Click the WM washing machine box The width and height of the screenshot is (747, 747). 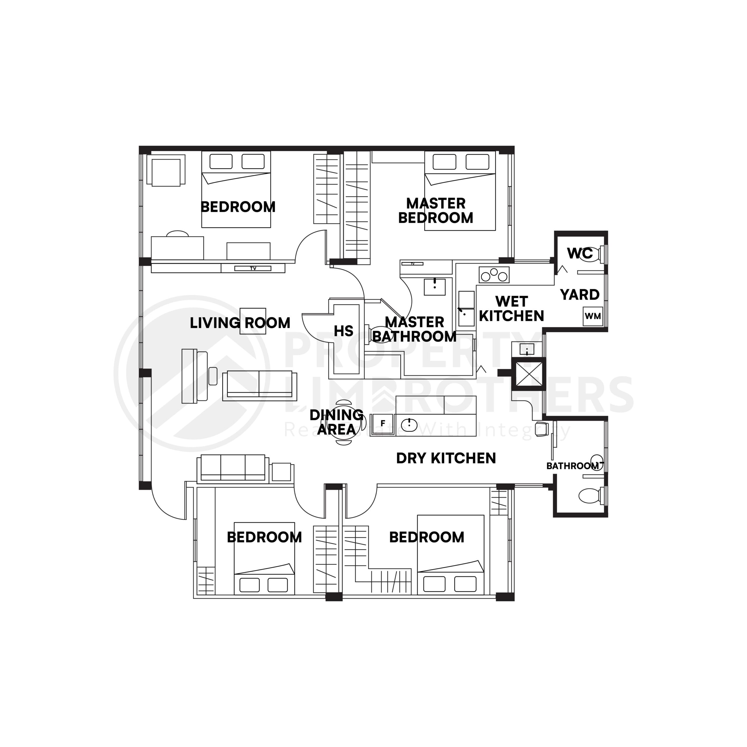(593, 316)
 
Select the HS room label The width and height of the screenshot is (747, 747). (343, 331)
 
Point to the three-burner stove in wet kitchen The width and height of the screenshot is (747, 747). (494, 275)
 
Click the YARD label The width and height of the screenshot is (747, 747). (580, 295)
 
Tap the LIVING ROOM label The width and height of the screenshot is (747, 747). (240, 323)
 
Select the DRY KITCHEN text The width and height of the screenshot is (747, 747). (446, 458)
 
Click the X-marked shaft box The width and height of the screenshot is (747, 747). (528, 373)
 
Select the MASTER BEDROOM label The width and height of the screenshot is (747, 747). (435, 211)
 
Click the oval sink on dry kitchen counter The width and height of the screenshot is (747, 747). (409, 425)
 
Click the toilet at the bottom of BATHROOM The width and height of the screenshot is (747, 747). (589, 495)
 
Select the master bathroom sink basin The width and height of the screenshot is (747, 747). (434, 287)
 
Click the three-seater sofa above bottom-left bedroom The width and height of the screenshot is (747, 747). (233, 469)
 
